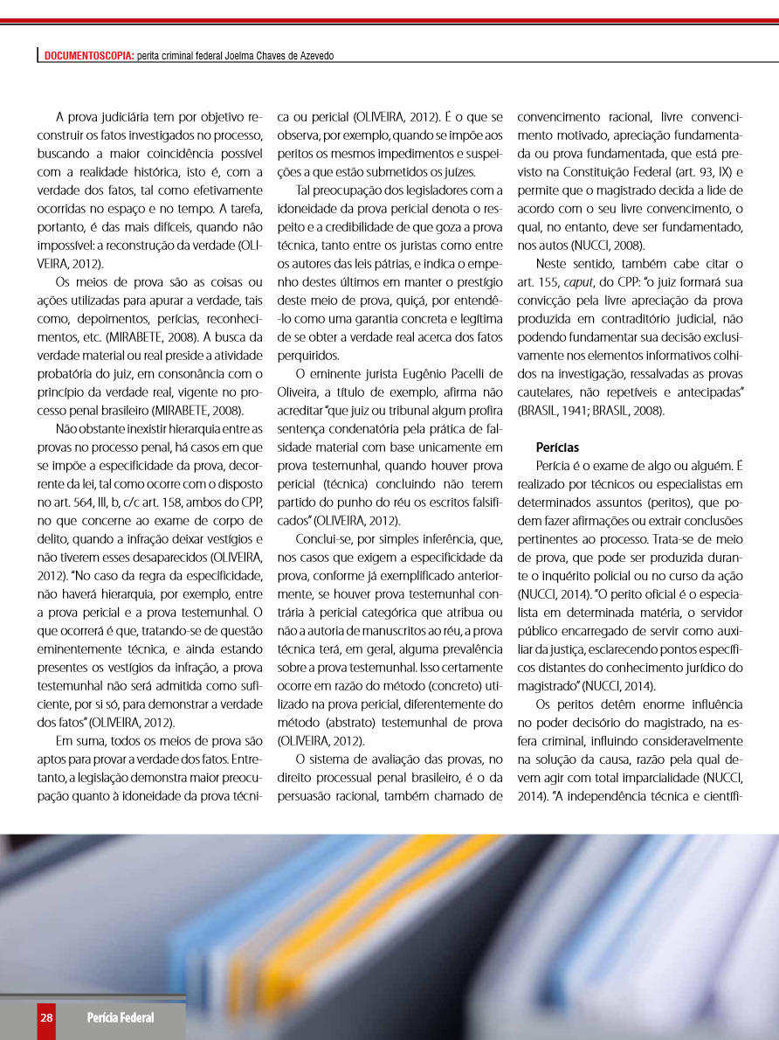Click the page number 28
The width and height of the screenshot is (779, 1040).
pos(46,1017)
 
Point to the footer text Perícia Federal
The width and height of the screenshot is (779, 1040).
pos(120,1017)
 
